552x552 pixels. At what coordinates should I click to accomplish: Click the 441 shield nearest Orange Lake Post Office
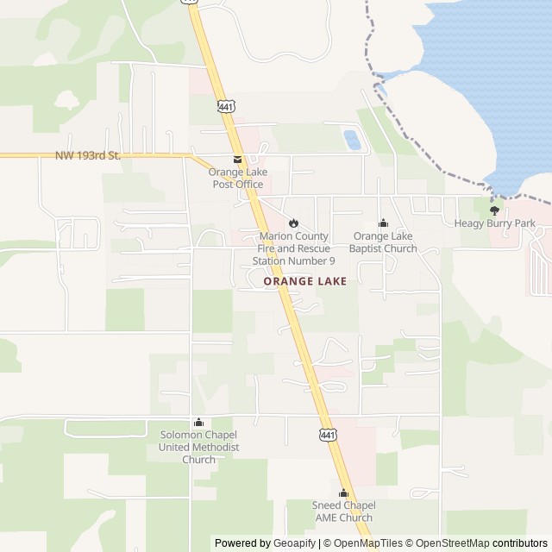tap(226, 106)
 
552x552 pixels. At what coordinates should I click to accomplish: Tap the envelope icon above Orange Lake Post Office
tap(237, 160)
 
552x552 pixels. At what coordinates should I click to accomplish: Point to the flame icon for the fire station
tap(293, 223)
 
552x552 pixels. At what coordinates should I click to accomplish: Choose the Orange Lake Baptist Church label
tap(383, 242)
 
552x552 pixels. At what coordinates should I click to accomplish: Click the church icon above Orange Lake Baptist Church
tap(383, 223)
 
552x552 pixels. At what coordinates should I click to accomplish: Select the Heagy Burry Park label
tap(495, 223)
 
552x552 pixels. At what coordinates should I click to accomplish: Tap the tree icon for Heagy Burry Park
tap(494, 210)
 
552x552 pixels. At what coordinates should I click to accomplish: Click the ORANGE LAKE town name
tap(305, 281)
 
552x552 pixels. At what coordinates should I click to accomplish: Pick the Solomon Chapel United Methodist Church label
tap(199, 447)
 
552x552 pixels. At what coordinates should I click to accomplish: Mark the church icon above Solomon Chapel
tap(199, 422)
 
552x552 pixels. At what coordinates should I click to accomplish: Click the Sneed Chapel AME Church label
tap(343, 511)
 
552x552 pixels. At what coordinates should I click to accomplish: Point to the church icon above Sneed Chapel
tap(343, 492)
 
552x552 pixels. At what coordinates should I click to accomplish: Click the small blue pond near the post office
tap(352, 139)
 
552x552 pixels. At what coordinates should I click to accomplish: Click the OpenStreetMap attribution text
tap(448, 543)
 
